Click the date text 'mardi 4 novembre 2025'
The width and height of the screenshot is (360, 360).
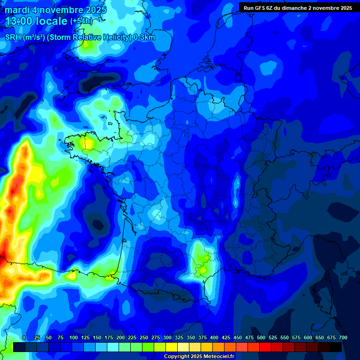pos(56,10)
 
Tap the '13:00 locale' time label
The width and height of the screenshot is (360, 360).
pos(36,22)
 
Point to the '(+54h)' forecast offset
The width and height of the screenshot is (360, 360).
pos(81,22)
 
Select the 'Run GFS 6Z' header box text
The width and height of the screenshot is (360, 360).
pos(260,8)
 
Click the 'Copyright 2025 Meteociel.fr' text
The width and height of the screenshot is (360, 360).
pos(199,356)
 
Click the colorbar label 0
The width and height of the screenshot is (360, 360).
pos(24,337)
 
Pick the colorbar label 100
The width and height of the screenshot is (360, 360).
pos(74,337)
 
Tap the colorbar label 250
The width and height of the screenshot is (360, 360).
pos(144,337)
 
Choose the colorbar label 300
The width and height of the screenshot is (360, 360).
pos(167,337)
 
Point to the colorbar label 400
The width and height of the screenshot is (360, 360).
pos(214,337)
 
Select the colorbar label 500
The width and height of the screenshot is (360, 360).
pos(261,337)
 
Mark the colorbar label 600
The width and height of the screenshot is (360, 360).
pos(308,337)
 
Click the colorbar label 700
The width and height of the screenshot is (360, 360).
pos(343,337)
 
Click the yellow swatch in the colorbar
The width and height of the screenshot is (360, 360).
pos(172,347)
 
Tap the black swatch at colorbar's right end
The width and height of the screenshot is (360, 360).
pos(336,347)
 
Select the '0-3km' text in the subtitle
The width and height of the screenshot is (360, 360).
pos(144,37)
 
